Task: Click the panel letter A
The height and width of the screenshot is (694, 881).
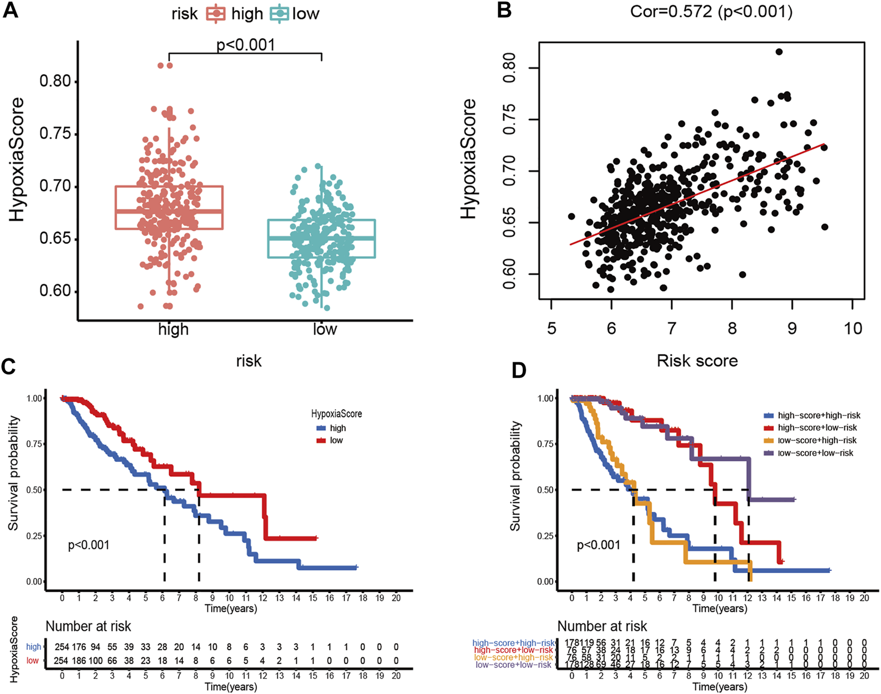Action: click(x=10, y=11)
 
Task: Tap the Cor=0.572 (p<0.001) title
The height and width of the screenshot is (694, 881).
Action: click(x=711, y=11)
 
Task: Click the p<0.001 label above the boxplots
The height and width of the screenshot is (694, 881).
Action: click(x=245, y=45)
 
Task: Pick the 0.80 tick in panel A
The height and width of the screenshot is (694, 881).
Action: click(x=55, y=81)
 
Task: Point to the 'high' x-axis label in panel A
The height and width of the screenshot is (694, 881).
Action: click(x=173, y=329)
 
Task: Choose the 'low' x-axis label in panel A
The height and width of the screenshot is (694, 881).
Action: click(x=324, y=329)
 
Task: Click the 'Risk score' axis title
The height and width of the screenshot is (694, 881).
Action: click(x=697, y=361)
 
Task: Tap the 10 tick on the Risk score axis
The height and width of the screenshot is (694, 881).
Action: click(x=853, y=328)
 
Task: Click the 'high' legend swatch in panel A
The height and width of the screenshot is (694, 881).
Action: click(x=215, y=14)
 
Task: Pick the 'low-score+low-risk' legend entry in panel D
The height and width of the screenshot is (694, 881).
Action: click(x=815, y=453)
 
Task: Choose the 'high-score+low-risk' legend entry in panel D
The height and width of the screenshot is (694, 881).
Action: click(x=817, y=428)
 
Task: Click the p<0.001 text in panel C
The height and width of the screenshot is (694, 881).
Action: click(x=88, y=545)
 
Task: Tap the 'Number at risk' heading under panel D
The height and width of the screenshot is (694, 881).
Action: click(x=602, y=626)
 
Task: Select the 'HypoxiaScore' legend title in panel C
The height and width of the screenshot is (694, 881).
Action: click(x=336, y=414)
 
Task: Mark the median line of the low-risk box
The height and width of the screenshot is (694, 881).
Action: click(x=321, y=238)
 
